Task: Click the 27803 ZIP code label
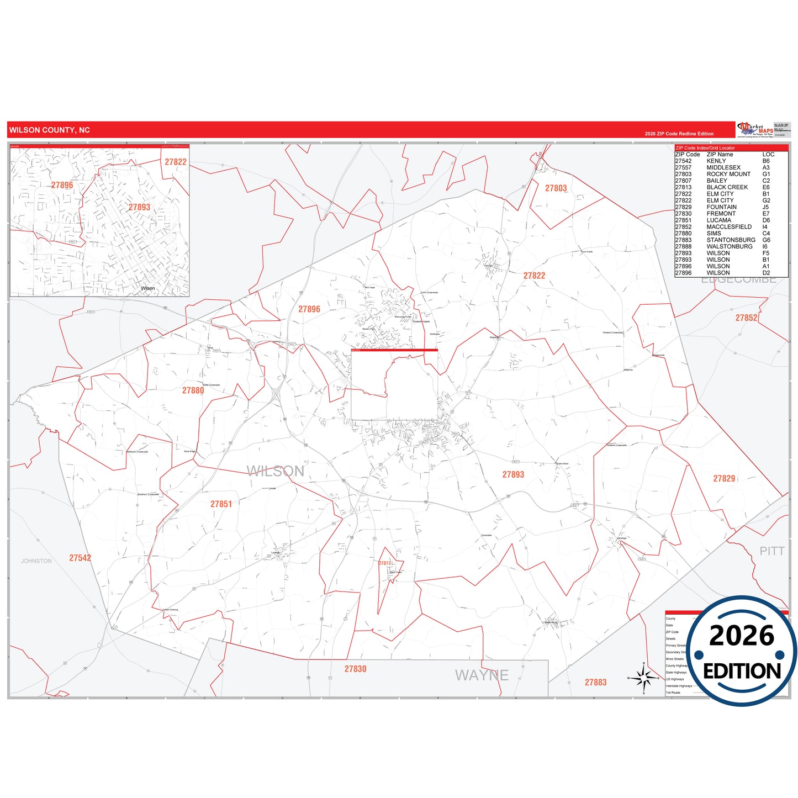(556, 188)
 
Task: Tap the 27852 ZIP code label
(746, 318)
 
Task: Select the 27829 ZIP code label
(724, 479)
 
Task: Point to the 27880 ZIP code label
(193, 390)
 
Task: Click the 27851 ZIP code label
(221, 504)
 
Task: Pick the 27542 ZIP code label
(80, 558)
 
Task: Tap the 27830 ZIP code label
(355, 669)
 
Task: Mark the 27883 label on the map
(595, 683)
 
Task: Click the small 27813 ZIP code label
(384, 563)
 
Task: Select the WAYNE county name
(482, 675)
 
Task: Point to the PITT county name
(771, 551)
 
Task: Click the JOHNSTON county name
(36, 561)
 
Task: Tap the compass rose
(643, 678)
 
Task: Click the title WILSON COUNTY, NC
(49, 130)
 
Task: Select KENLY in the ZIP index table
(716, 161)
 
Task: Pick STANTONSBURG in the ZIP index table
(731, 240)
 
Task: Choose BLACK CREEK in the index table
(727, 187)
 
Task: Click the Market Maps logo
(755, 130)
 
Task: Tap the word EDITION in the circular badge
(742, 671)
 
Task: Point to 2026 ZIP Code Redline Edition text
(679, 134)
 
